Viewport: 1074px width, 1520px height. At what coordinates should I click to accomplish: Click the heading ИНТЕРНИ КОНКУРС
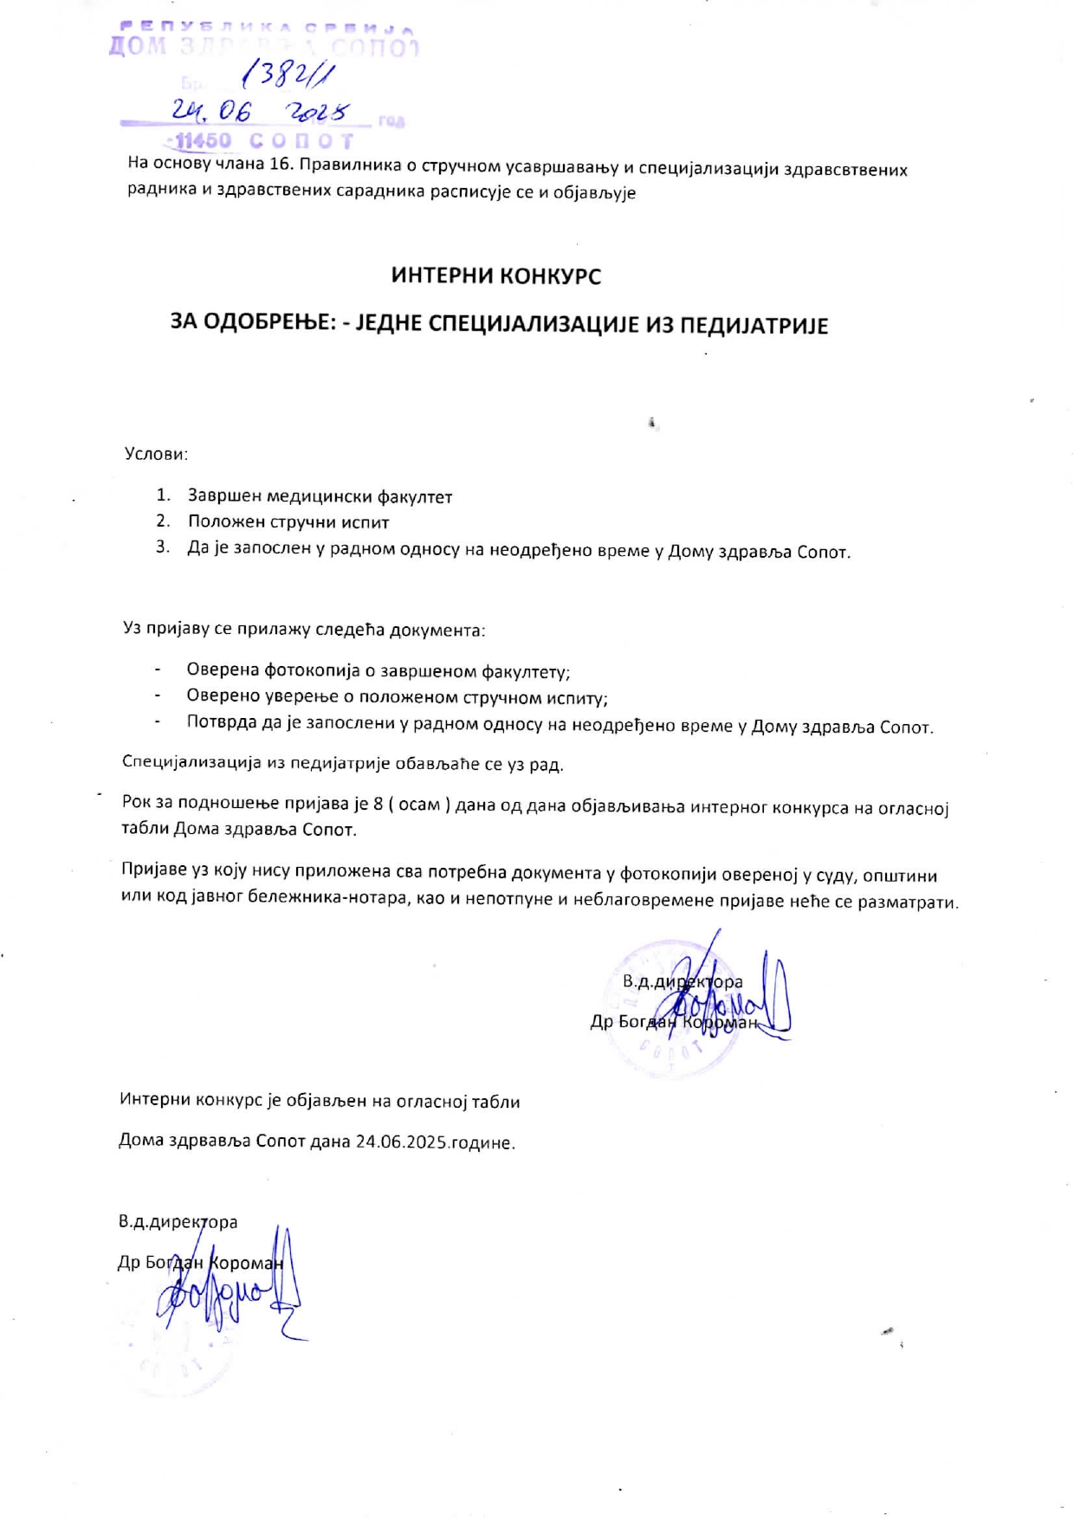495,276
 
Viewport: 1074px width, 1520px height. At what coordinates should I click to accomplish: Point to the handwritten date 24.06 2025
259,113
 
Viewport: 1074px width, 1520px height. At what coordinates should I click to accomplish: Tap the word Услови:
156,454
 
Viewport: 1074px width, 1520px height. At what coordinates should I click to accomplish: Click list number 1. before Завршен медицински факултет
164,495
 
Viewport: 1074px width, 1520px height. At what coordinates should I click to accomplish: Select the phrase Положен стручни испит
288,522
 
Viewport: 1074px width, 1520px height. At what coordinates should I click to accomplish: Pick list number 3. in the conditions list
163,547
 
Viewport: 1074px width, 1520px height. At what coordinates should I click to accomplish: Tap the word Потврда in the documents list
217,723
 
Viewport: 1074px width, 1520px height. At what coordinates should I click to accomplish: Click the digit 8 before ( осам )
378,804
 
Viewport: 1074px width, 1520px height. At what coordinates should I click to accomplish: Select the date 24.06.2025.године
435,1142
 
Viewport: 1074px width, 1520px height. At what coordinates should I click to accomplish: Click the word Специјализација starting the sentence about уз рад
191,763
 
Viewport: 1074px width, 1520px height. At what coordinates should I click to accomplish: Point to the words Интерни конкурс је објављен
243,1102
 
